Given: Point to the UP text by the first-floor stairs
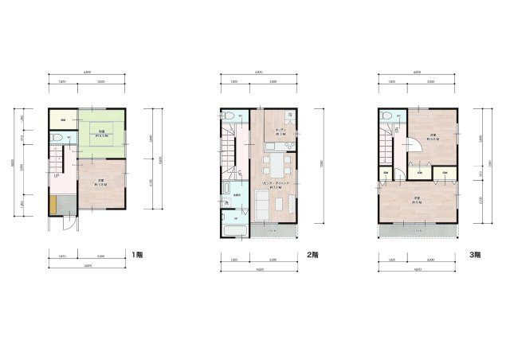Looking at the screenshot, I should [57, 177].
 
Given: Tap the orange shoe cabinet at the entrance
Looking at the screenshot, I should [53, 205].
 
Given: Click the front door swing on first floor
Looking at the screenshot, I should [70, 222].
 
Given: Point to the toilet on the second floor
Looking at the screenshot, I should [229, 116].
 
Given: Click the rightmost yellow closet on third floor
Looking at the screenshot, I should [445, 172].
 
